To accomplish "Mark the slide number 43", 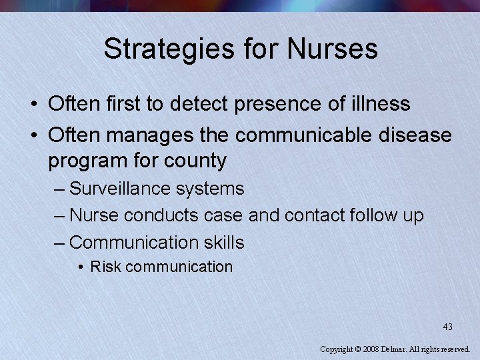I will [447, 327].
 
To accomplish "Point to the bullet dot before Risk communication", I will [80, 267].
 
